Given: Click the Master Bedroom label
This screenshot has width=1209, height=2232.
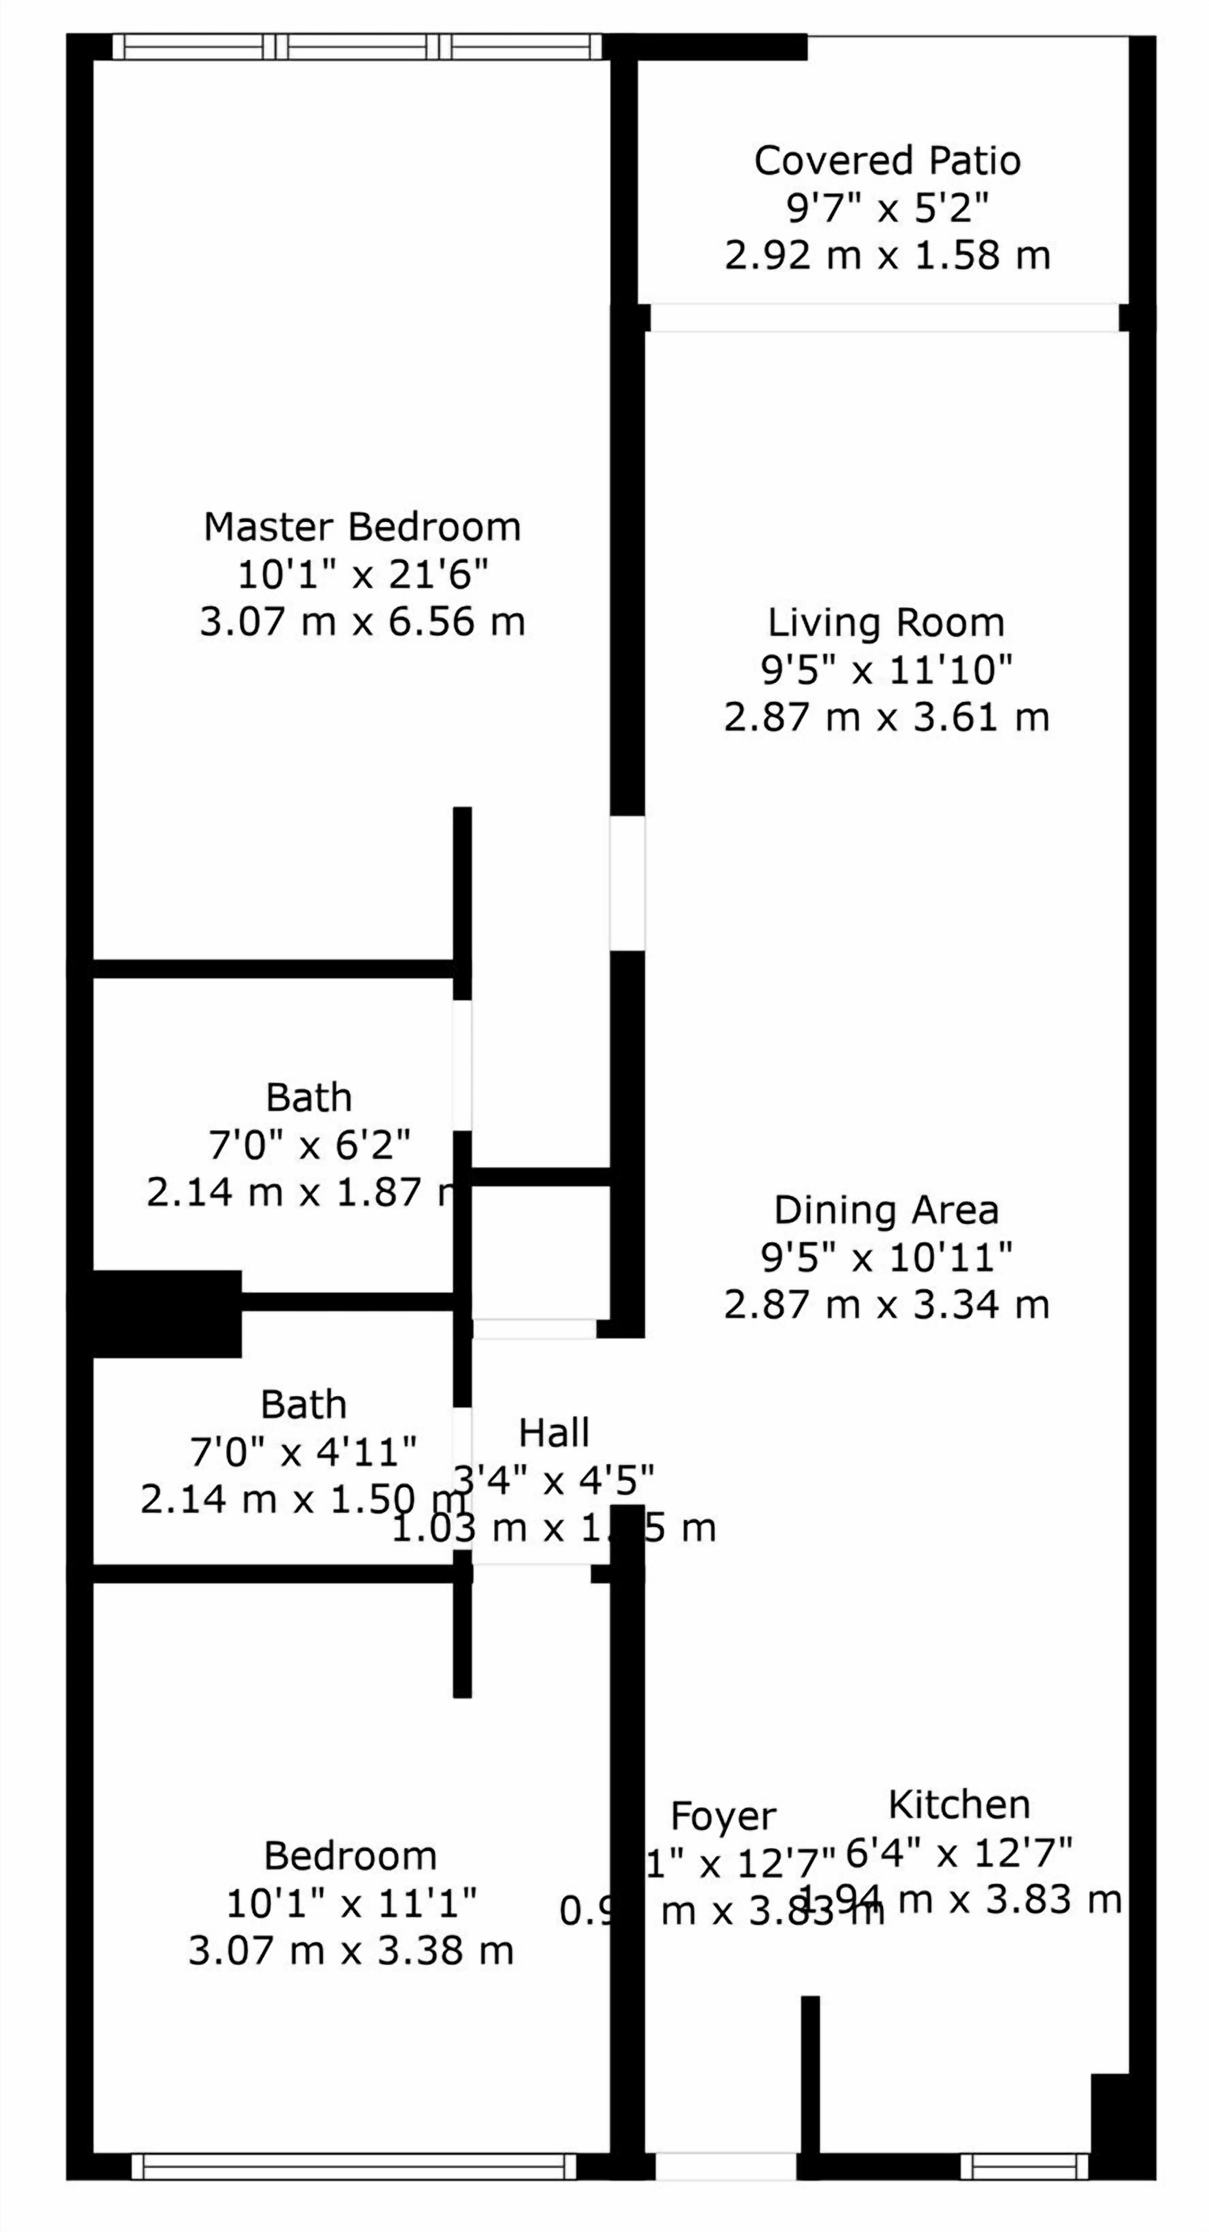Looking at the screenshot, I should (x=362, y=527).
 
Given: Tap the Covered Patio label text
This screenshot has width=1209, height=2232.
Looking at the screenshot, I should (x=887, y=160).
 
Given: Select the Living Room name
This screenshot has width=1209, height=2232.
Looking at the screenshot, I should (x=886, y=622).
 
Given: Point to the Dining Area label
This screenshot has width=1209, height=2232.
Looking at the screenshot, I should (x=886, y=1210).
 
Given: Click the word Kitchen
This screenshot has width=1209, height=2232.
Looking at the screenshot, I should (x=959, y=1805).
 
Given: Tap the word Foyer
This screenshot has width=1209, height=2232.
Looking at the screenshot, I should (x=723, y=1816).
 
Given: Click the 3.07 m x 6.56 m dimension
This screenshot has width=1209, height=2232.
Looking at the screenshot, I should (x=362, y=622).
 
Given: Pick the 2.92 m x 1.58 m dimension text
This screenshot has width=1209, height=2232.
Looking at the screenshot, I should (x=887, y=256).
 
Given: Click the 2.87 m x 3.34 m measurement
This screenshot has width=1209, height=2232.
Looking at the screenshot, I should (x=886, y=1305).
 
